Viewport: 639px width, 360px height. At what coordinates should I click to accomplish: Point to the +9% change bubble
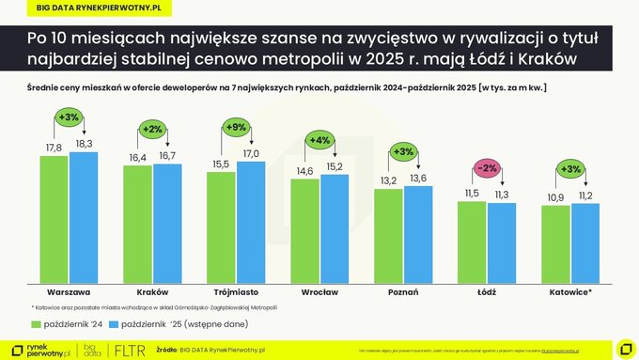(x=237, y=126)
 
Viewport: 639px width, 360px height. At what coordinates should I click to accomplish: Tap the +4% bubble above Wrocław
(x=319, y=141)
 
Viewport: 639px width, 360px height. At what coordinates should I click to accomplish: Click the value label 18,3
(x=84, y=144)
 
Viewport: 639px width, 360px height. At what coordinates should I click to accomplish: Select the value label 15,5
(x=222, y=164)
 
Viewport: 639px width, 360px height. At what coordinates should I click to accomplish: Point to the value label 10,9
(x=555, y=199)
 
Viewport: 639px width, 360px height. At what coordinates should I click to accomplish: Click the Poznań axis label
(x=402, y=292)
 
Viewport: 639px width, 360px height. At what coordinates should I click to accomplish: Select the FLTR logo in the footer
(x=129, y=350)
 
